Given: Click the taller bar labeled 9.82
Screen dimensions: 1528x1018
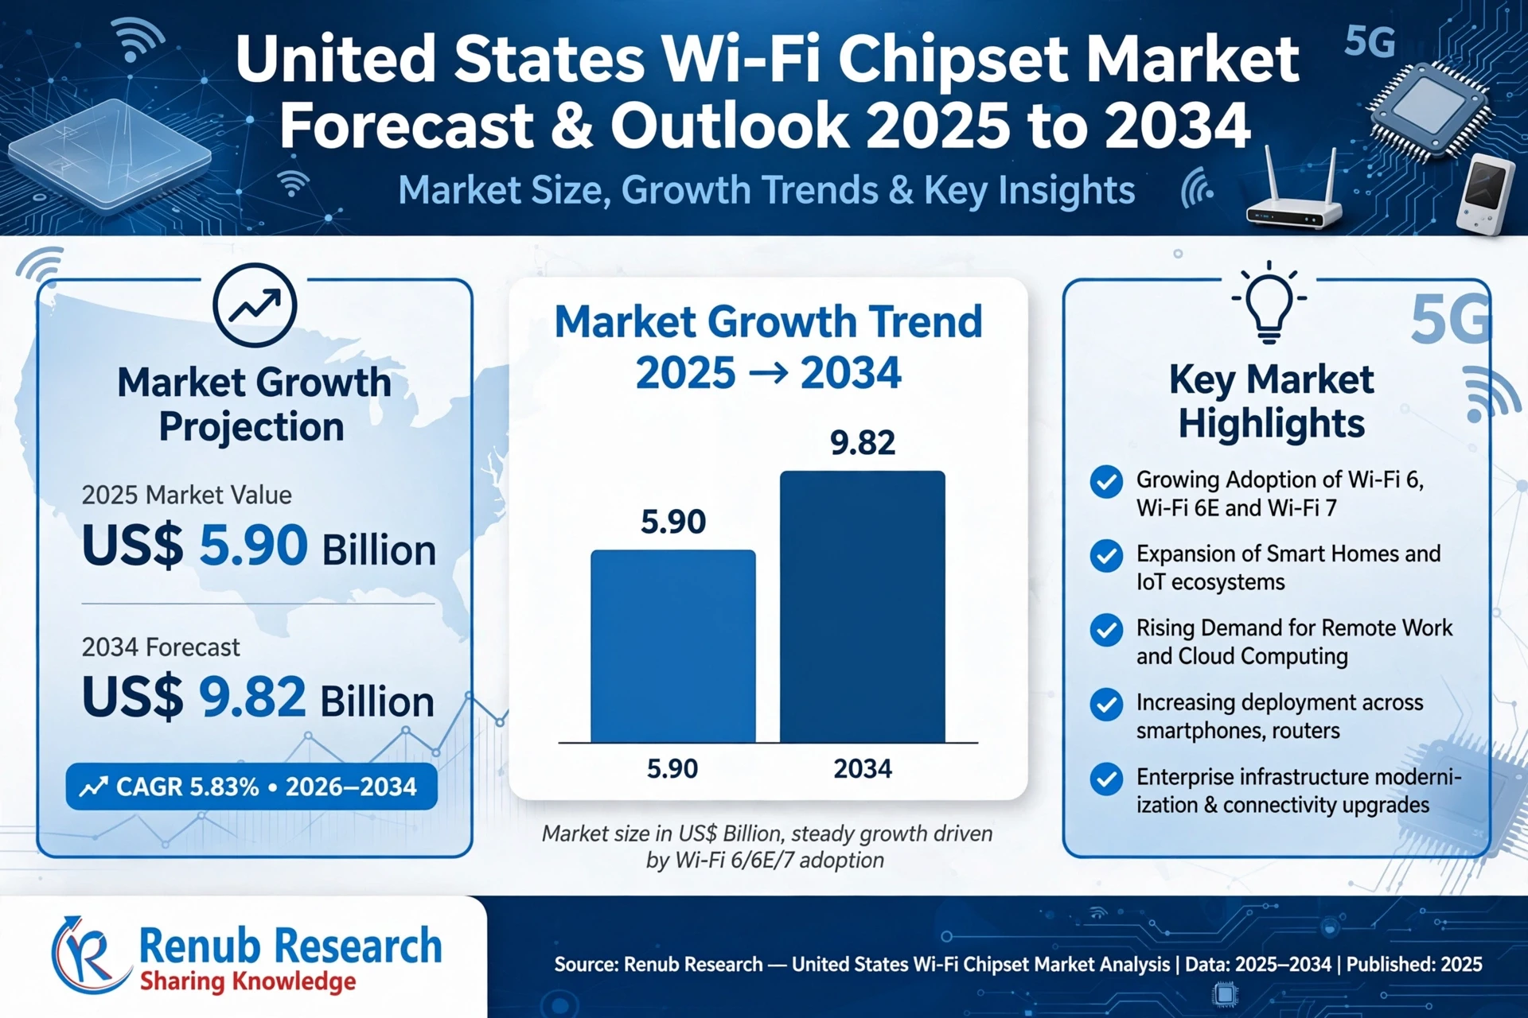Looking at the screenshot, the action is [x=863, y=606].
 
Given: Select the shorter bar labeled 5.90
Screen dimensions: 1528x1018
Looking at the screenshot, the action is [x=673, y=646].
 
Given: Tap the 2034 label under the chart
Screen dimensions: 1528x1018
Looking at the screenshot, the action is [x=863, y=768].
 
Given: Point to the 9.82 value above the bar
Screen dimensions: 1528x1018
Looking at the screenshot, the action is [x=863, y=442].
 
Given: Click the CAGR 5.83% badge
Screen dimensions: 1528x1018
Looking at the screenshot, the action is [x=251, y=787].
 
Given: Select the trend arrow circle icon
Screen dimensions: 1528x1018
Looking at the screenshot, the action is [x=255, y=305].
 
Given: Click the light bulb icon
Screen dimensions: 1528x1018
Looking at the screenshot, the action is [x=1269, y=302].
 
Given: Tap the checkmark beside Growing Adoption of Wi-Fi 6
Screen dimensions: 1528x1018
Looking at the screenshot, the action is [x=1106, y=482].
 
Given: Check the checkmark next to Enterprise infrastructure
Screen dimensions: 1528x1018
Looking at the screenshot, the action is [x=1106, y=779].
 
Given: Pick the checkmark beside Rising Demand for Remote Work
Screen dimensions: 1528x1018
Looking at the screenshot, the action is [x=1106, y=631].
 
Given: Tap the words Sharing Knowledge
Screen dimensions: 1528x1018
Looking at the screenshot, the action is [x=248, y=982].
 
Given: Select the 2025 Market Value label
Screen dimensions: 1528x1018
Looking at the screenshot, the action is [x=186, y=495].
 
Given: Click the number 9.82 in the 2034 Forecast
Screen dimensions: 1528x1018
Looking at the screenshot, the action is [x=252, y=697].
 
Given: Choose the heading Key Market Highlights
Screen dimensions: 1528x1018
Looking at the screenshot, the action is [x=1271, y=402].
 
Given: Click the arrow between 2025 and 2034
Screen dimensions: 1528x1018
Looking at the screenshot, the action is [x=768, y=373].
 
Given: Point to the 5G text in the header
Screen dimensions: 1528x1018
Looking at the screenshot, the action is [x=1370, y=41].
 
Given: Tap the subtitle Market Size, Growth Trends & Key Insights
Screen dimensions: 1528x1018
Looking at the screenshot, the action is [x=766, y=190].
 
